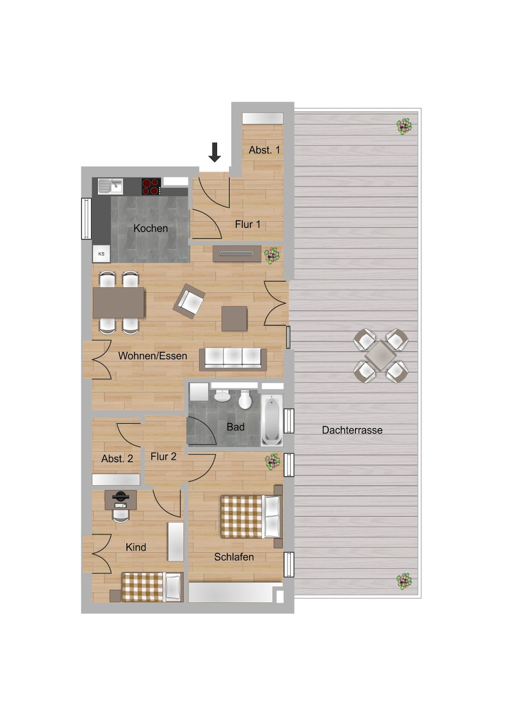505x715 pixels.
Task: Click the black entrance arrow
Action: pos(215,152)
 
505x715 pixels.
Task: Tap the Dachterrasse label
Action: pos(352,430)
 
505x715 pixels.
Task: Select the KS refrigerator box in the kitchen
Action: pos(102,254)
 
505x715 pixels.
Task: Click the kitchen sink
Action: pos(110,186)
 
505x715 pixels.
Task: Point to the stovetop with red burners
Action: pos(151,186)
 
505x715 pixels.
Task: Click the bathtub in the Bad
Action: pos(272,420)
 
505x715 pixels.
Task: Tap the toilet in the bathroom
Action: pos(245,399)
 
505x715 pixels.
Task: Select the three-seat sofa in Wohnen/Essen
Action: pos(233,359)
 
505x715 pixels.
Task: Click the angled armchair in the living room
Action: pos(189,301)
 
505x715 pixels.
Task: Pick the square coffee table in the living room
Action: pos(234,318)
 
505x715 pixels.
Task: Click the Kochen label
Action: pos(150,228)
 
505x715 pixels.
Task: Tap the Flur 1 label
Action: pos(247,224)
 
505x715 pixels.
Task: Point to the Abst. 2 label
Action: pos(117,459)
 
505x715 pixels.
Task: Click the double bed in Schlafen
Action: pos(251,516)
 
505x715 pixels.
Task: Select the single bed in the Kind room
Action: pos(152,587)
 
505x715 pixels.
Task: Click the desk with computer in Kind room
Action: pos(121,500)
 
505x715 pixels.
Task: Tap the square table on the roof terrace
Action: pos(380,356)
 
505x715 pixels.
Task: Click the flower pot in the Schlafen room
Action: pos(272,461)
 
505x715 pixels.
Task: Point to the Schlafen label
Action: pos(234,557)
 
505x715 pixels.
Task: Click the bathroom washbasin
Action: pos(222,396)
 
